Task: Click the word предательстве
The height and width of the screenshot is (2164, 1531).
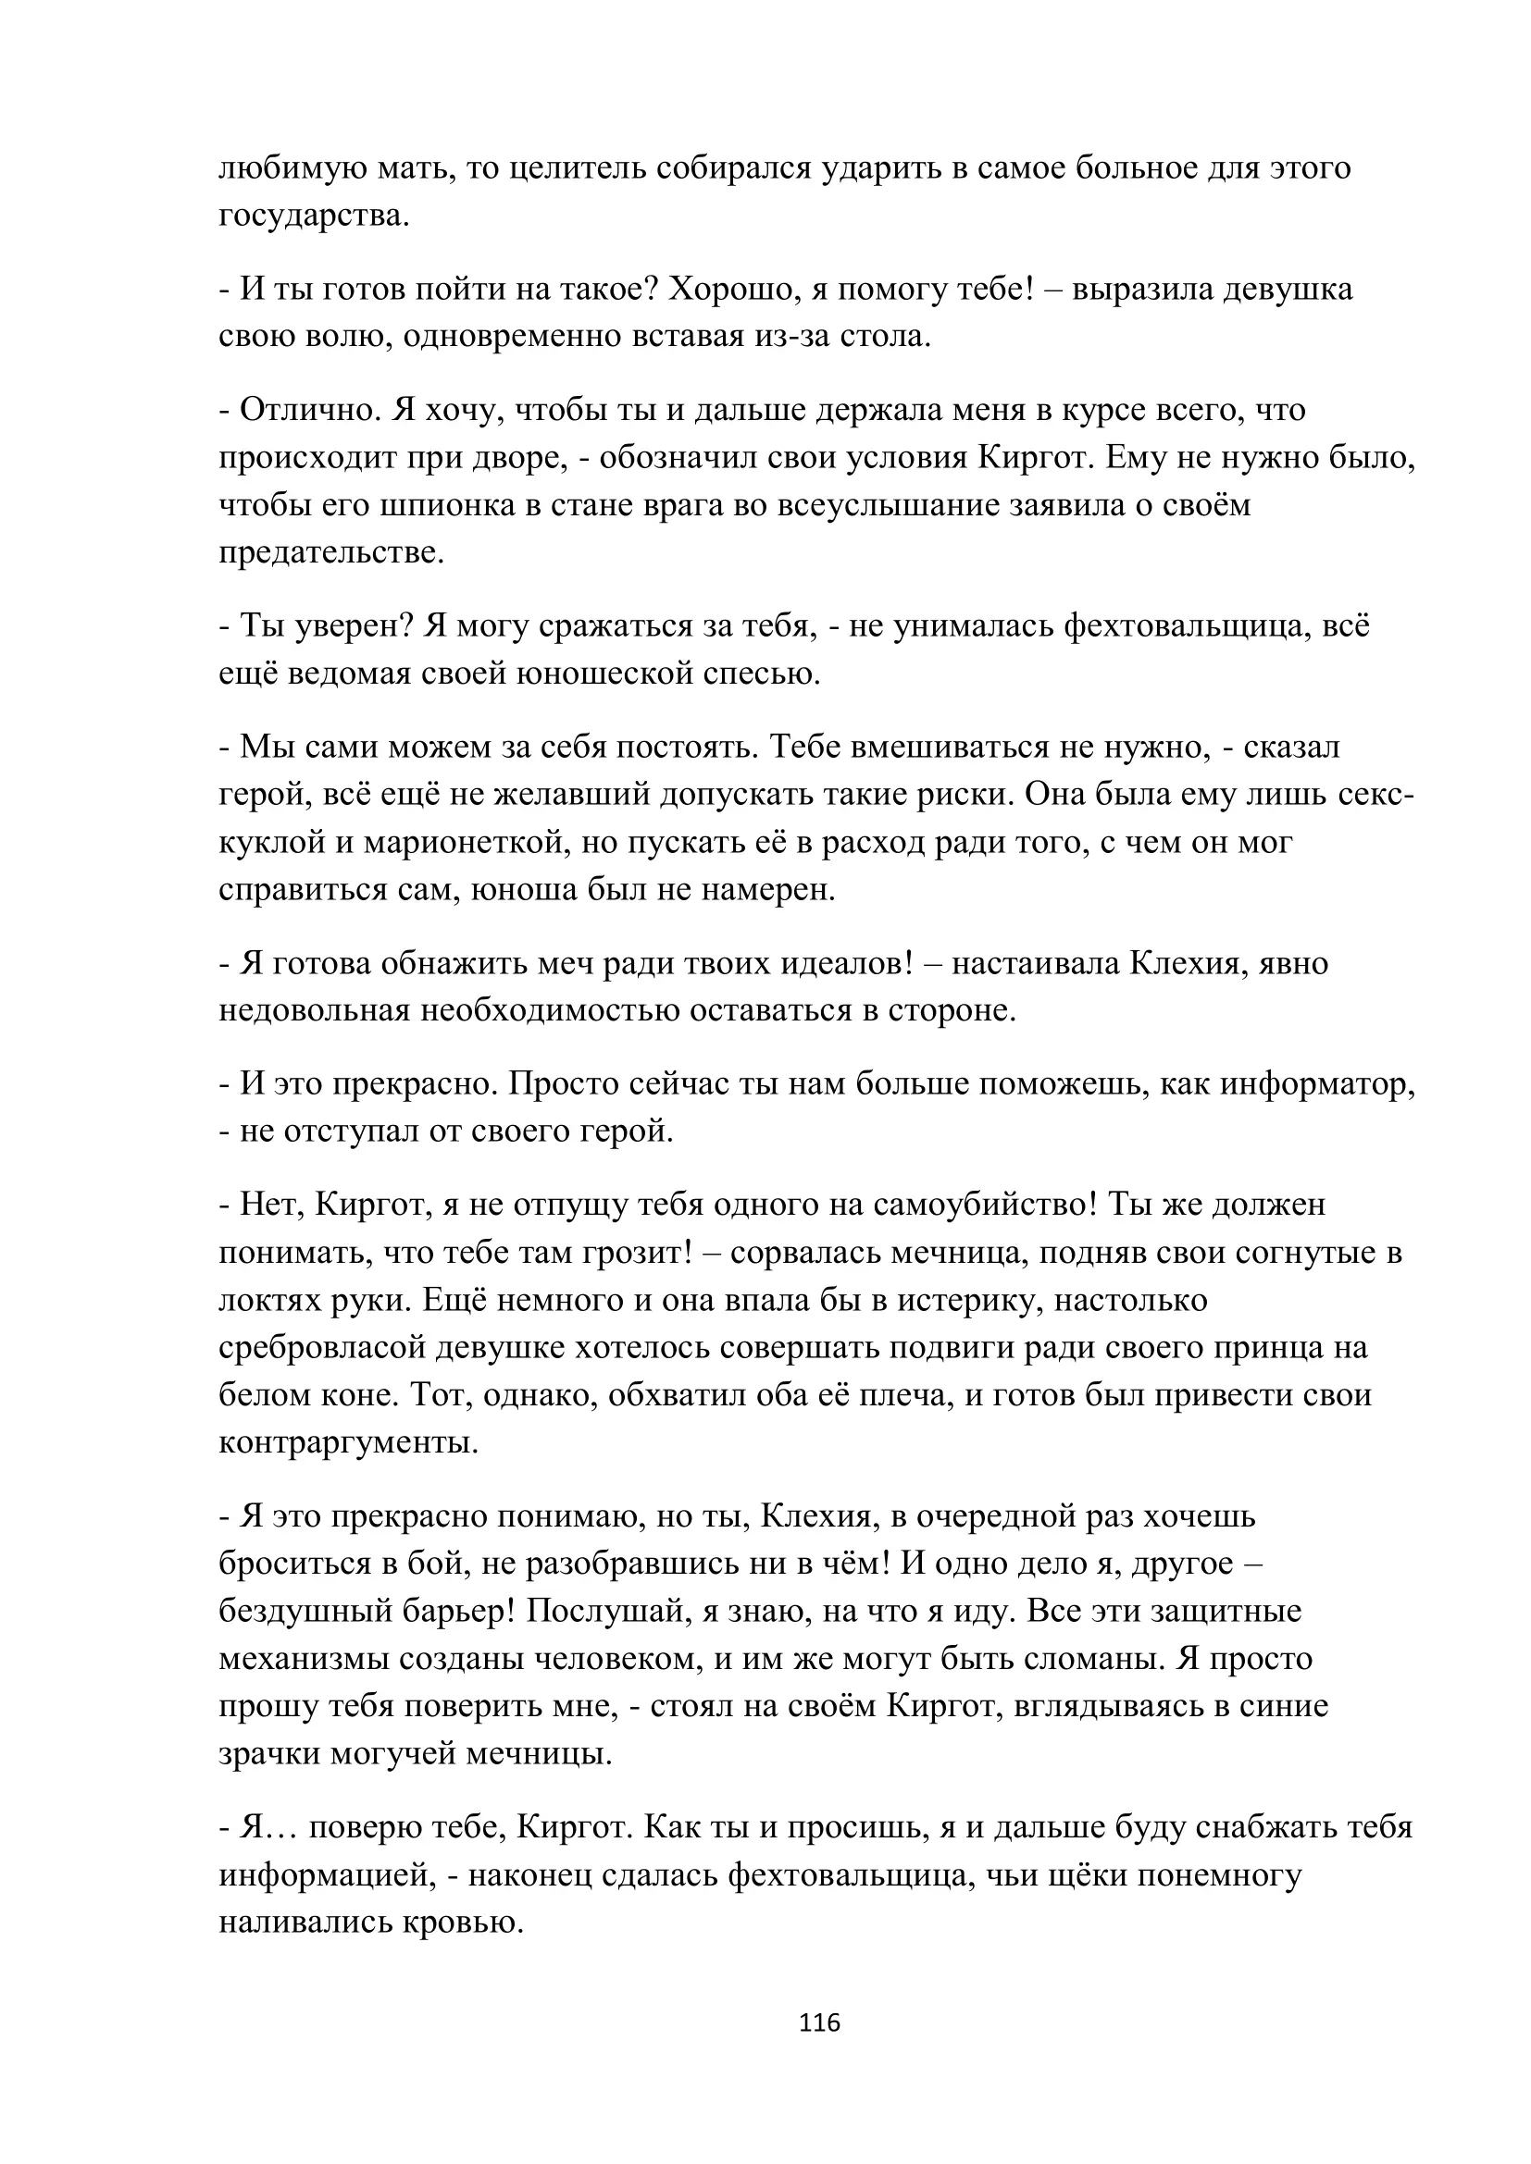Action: pyautogui.click(x=330, y=553)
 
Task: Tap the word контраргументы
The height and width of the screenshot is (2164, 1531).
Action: pyautogui.click(x=348, y=1444)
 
